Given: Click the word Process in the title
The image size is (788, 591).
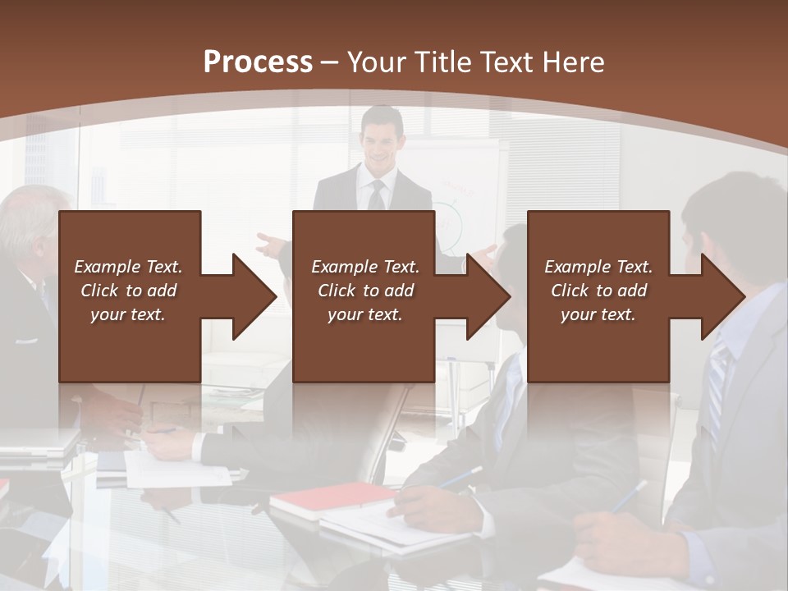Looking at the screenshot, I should coord(258,62).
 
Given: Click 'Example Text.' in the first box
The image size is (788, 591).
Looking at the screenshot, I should coord(128,267).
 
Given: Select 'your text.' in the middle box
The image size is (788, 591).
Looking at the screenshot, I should coord(364,314).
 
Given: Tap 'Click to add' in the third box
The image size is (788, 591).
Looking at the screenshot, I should coord(598,291).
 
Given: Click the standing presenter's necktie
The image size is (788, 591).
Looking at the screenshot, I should coord(376,195).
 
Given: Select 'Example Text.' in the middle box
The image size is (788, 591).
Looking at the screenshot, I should coord(364,267).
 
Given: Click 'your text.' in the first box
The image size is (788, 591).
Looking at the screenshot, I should coord(128,314).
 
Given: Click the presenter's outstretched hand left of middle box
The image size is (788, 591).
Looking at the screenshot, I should coord(269,243).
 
